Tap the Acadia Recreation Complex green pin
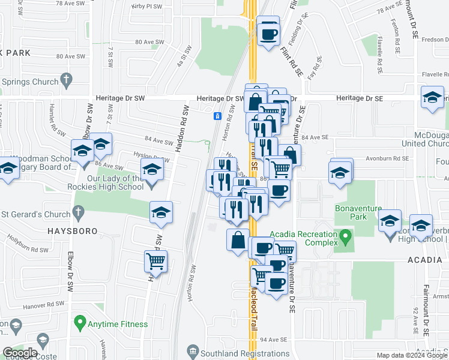tap(345, 238)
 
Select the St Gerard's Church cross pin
tap(77, 212)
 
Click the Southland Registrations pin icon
tap(193, 350)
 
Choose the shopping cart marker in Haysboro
tap(156, 262)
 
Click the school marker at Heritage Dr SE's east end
tap(432, 98)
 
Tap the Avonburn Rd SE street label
tap(388, 159)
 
